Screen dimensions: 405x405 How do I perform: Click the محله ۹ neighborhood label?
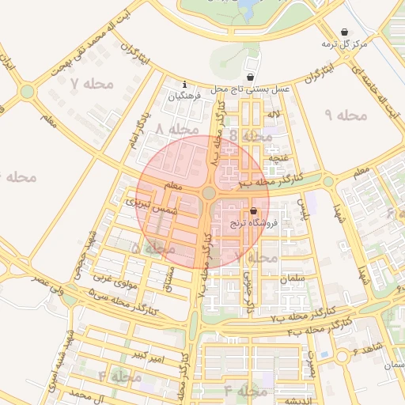[x=346, y=115]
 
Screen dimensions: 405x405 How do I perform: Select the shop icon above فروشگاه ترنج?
[x=253, y=212]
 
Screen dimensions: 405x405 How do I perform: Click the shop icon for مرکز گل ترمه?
[x=344, y=32]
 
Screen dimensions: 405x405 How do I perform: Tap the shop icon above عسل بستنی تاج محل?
[x=251, y=78]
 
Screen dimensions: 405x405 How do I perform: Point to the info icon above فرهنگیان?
[x=184, y=84]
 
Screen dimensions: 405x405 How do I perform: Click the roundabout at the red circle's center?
[x=209, y=193]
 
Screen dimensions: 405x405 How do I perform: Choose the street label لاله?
[x=274, y=115]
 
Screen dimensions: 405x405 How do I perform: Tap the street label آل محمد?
[x=87, y=393]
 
